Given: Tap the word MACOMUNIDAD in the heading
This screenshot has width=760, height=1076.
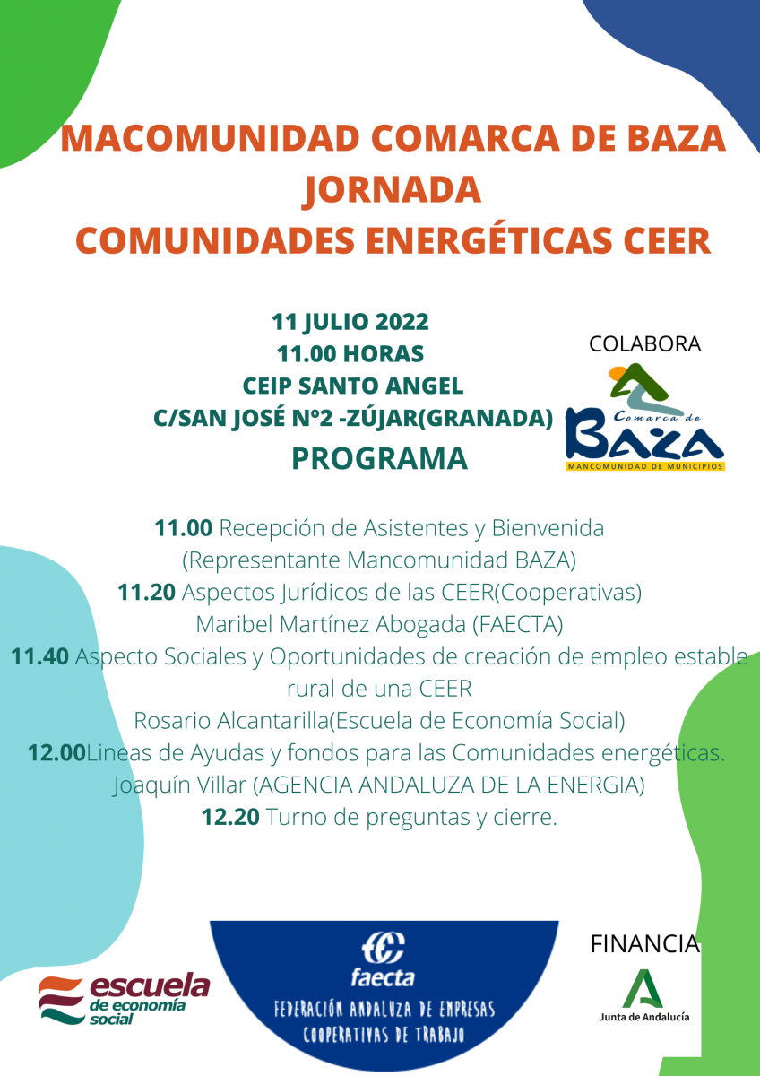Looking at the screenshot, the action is tap(210, 138).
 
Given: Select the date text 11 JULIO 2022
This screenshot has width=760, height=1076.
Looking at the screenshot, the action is tap(350, 322).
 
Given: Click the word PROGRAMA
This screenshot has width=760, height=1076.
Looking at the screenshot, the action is tap(379, 458).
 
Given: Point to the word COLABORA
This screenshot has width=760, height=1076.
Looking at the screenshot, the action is tap(644, 344).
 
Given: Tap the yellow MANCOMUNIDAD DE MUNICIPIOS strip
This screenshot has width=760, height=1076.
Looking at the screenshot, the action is tap(645, 466).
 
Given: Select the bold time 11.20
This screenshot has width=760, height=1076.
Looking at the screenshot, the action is tap(146, 593).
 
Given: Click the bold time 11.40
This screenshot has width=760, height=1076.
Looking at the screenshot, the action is tap(39, 656).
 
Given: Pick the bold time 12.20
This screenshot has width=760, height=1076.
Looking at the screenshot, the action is tap(230, 817).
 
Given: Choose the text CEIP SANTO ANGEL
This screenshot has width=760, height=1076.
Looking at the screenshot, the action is tap(353, 386).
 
